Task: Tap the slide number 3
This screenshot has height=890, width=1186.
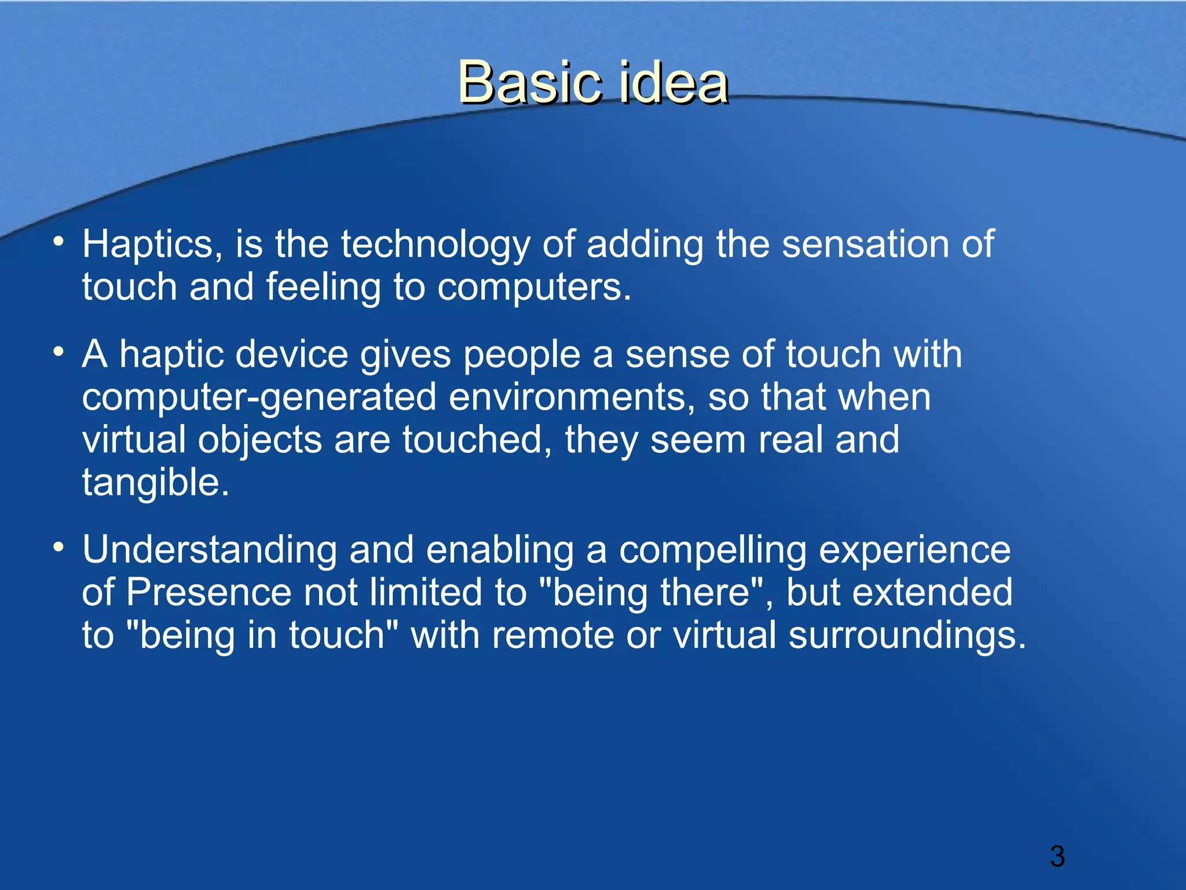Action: pyautogui.click(x=1057, y=856)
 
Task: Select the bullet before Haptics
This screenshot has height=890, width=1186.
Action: pyautogui.click(x=58, y=241)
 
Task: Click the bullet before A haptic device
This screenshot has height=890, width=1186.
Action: pyautogui.click(x=58, y=351)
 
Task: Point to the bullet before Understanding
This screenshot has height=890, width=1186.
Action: pyautogui.click(x=58, y=546)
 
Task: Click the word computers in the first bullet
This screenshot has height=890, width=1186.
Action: pyautogui.click(x=533, y=287)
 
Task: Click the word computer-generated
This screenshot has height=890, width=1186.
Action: pyautogui.click(x=259, y=397)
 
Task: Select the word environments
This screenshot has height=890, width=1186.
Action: pyautogui.click(x=572, y=397)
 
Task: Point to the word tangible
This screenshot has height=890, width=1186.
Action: pyautogui.click(x=155, y=483)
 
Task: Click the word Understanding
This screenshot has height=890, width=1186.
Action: pyautogui.click(x=209, y=550)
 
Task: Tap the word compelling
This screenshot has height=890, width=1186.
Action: pyautogui.click(x=712, y=550)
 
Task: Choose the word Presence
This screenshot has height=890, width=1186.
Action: pyautogui.click(x=208, y=592)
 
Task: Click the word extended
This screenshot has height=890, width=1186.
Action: pyautogui.click(x=932, y=592)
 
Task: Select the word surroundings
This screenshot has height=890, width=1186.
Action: pyautogui.click(x=907, y=635)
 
